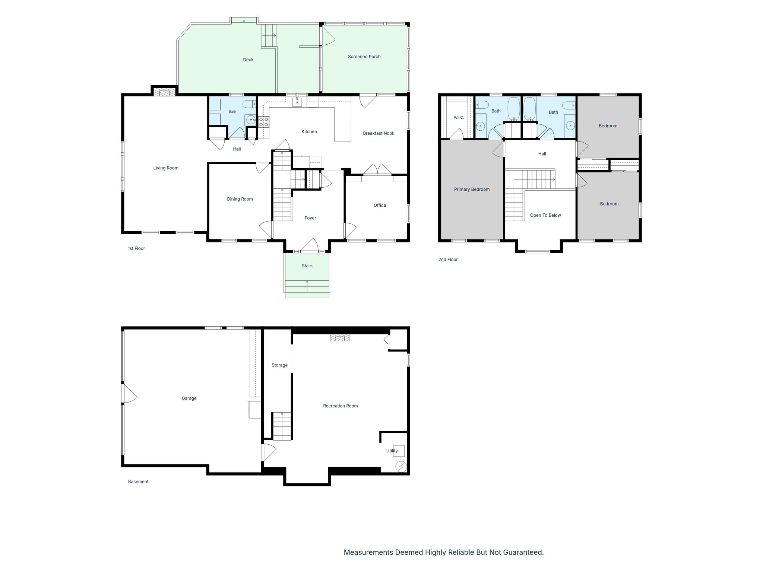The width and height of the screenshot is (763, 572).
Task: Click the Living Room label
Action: tap(166, 168)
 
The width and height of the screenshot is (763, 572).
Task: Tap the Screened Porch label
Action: tap(364, 57)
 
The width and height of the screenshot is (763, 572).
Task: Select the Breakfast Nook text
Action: tap(379, 133)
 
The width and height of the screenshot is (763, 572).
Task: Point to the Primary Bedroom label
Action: tap(472, 190)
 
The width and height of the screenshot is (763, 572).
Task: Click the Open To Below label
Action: tap(545, 215)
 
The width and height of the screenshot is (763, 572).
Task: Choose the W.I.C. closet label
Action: tap(459, 118)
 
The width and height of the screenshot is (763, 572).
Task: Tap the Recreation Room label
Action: tap(341, 406)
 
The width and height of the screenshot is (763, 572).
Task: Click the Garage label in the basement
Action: tap(189, 398)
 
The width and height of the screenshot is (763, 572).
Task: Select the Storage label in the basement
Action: tap(279, 365)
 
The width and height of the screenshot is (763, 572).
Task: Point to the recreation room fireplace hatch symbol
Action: tap(340, 337)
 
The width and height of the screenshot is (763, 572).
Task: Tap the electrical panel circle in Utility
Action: tap(401, 467)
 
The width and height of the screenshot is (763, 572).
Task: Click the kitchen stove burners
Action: tap(263, 122)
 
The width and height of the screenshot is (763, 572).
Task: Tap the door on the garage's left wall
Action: tap(129, 393)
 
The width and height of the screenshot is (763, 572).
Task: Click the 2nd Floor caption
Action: tap(448, 260)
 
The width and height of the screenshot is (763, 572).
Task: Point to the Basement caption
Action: tap(138, 482)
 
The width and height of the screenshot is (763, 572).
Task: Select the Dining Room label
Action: tap(240, 199)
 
